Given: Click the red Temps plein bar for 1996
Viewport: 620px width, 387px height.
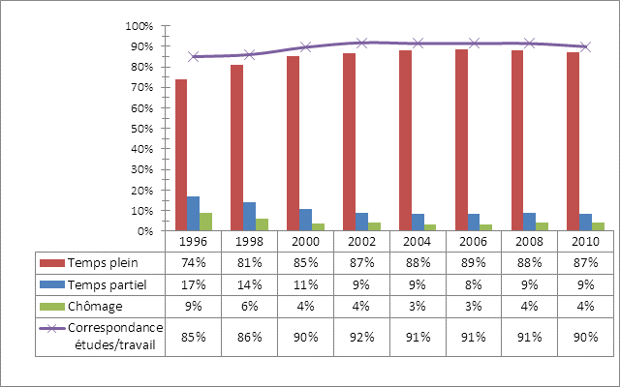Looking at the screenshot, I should click(181, 155).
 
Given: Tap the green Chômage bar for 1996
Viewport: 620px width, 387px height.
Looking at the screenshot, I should click(205, 222).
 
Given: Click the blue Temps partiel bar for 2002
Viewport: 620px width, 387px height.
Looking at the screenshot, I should click(361, 222).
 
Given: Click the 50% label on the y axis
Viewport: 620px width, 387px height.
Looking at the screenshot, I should click(142, 129).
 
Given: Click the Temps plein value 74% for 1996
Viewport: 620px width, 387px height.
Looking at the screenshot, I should click(193, 262).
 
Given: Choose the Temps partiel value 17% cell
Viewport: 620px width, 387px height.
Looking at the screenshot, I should click(193, 284).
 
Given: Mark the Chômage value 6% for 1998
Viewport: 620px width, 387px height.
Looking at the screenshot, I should click(249, 307).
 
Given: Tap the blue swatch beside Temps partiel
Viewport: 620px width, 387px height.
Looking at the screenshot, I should click(49, 284).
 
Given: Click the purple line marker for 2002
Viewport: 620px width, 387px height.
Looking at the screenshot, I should click(361, 43).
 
